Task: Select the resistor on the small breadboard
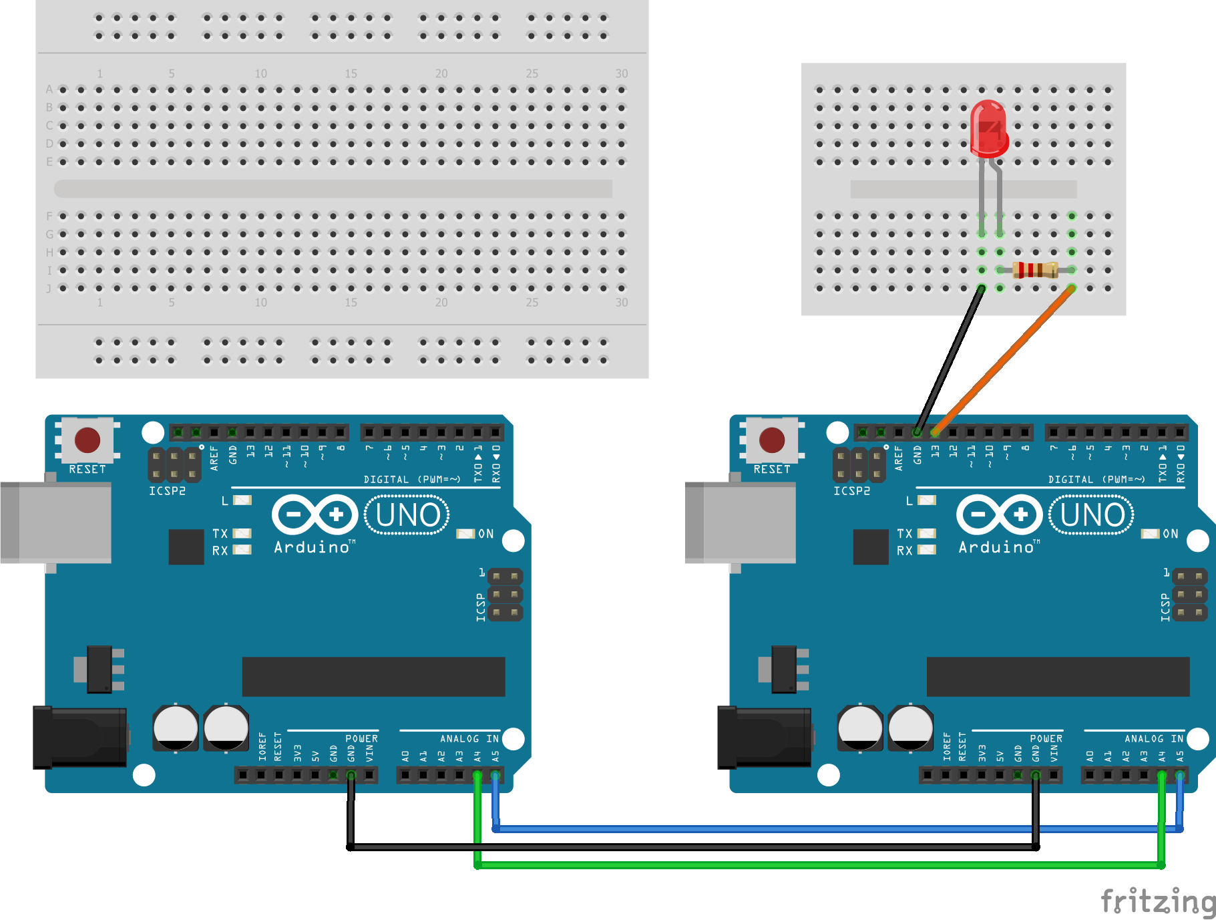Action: click(1034, 270)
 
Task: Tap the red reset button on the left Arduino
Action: click(87, 440)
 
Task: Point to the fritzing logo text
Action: click(1158, 901)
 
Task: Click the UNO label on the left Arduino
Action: click(407, 515)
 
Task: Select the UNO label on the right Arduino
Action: click(1092, 515)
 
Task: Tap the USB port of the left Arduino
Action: click(57, 522)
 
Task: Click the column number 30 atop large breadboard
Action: click(621, 73)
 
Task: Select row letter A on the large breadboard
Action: click(49, 90)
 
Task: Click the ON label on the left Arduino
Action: click(486, 534)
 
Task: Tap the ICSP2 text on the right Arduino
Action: click(851, 491)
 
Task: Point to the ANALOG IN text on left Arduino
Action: click(469, 738)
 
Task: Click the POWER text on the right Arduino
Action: click(1046, 738)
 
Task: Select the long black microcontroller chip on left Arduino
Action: click(373, 676)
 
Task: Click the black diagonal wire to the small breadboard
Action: click(948, 361)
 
